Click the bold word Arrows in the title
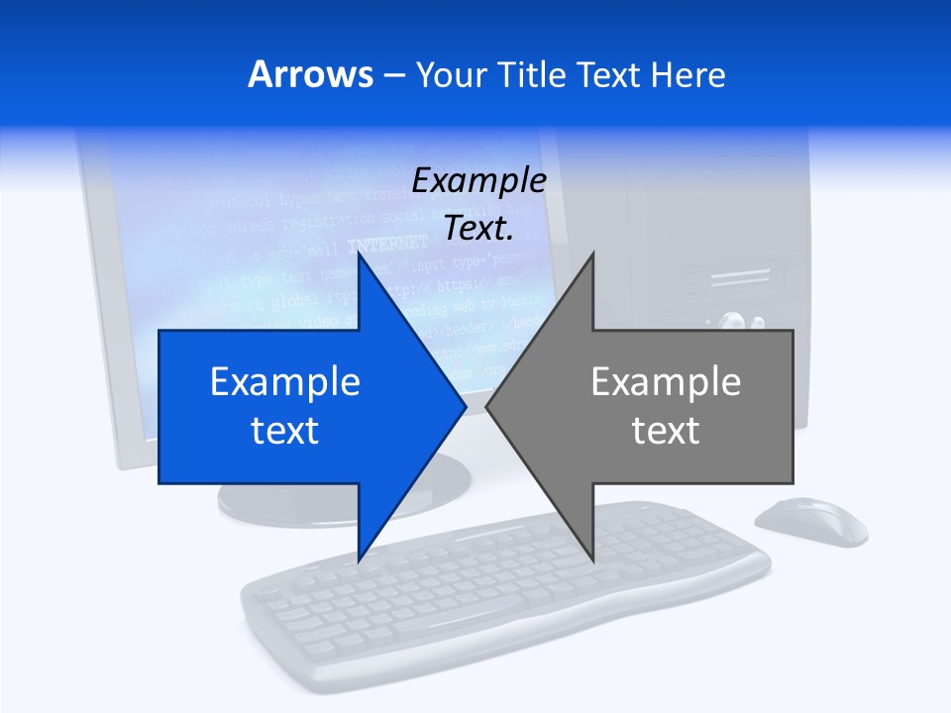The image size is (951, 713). coord(311,74)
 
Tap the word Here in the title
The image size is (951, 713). coord(687,74)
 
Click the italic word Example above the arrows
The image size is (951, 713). coord(478,180)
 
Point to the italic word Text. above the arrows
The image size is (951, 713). coord(478,229)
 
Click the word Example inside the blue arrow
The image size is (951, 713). coord(285,382)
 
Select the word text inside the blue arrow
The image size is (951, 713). coord(285,430)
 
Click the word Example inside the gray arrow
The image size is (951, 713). coord(666,382)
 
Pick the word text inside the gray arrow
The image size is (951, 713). coord(666,430)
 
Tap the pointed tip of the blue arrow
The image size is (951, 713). coord(464,406)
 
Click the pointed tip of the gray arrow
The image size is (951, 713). coord(488,406)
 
